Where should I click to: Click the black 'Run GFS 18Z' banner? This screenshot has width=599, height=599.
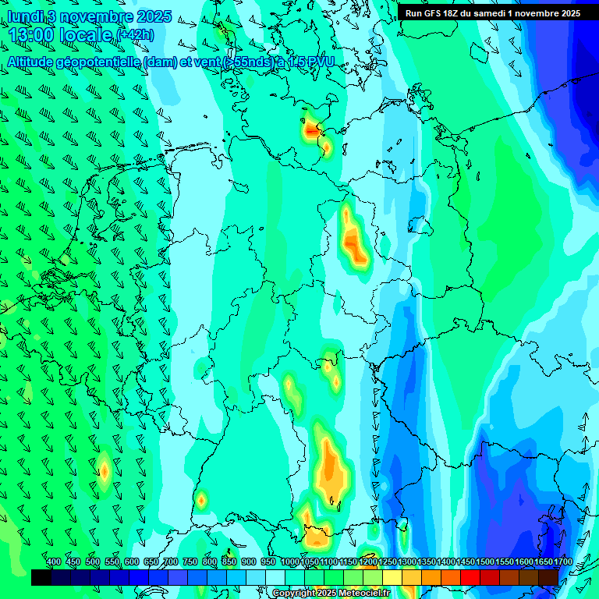[x=492, y=12]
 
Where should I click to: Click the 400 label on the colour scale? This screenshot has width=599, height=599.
[x=54, y=562]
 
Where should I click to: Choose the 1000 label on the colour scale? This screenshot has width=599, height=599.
[x=289, y=562]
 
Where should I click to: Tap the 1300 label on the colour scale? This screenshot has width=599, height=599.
[x=407, y=562]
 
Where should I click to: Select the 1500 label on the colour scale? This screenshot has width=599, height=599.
[x=485, y=562]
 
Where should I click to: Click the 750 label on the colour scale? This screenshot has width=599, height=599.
[x=190, y=562]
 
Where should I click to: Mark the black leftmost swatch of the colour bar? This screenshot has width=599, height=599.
[x=41, y=577]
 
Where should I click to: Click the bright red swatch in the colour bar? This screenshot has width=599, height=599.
[x=470, y=577]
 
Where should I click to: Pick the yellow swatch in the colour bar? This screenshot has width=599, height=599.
[x=392, y=577]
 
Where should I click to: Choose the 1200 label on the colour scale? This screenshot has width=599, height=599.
[x=368, y=562]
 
